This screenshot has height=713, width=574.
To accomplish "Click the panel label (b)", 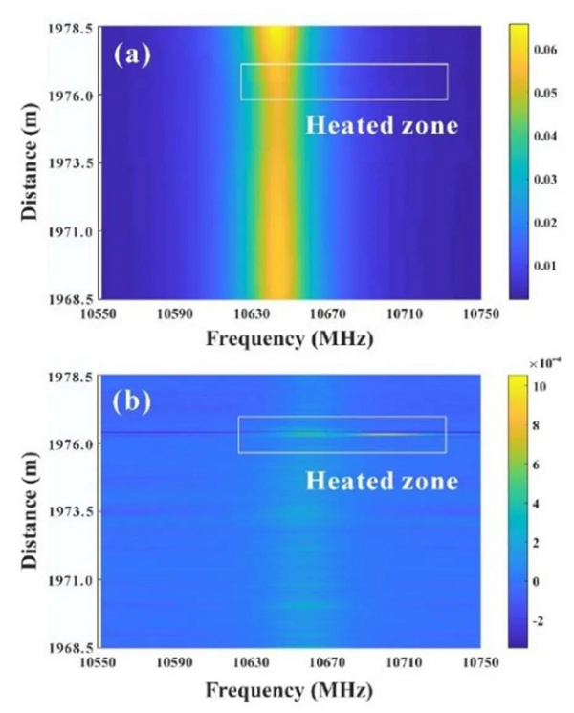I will coord(133,401).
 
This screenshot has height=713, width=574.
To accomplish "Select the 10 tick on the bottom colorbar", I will coord(537,385).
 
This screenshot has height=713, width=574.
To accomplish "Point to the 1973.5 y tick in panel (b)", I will coord(72,512).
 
